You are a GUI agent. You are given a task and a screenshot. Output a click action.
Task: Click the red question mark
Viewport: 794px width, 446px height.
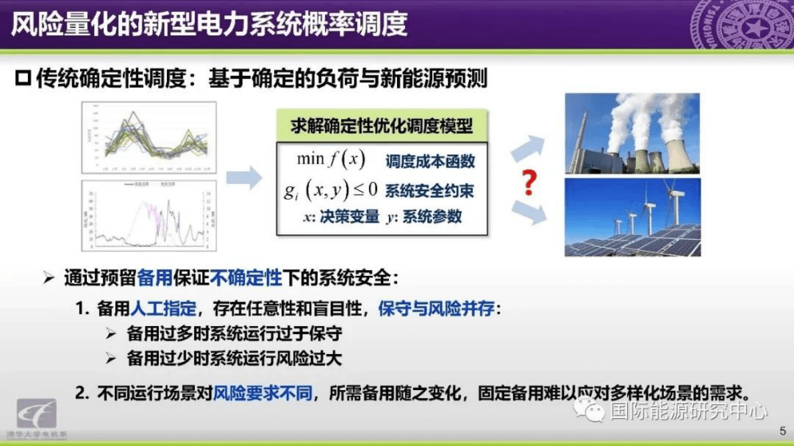[528, 183]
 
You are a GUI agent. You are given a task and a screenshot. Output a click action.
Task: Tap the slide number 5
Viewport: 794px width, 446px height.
[783, 430]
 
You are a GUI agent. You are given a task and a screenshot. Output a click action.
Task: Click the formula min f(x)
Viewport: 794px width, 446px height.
[332, 160]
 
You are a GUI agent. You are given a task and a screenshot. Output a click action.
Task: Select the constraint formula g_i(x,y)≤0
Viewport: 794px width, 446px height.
[330, 191]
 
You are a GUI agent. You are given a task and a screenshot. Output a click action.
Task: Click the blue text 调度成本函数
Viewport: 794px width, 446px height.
[430, 161]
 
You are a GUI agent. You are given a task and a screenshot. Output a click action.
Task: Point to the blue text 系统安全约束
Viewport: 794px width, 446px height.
[430, 191]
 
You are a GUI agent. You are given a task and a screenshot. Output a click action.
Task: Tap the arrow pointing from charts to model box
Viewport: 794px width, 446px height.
[244, 178]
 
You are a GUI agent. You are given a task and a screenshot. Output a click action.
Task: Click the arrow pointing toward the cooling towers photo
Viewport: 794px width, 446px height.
[526, 147]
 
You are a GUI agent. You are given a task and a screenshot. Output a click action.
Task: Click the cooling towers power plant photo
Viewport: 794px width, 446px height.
[632, 133]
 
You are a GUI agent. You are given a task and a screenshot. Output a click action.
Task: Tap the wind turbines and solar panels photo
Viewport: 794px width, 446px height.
[632, 217]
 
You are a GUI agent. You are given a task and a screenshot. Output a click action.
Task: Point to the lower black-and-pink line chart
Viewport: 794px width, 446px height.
[149, 216]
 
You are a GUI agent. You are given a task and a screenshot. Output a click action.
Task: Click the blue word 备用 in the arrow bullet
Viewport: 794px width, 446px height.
[155, 279]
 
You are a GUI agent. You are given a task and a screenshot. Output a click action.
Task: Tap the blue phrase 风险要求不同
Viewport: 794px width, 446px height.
[262, 393]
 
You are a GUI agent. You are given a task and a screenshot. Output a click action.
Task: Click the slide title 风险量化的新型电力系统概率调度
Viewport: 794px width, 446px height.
[209, 25]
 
